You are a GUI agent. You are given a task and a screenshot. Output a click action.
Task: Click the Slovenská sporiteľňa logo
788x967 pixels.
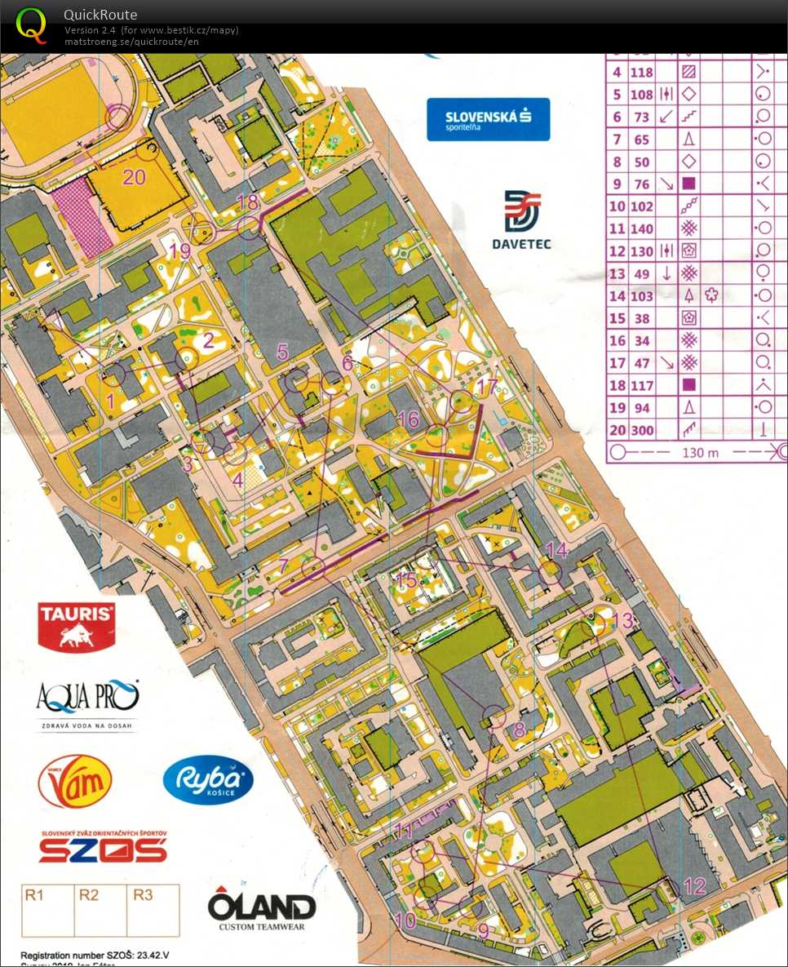[488, 119]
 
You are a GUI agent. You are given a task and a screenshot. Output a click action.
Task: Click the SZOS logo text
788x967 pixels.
[103, 850]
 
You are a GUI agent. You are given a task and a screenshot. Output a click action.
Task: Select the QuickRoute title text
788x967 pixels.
[100, 15]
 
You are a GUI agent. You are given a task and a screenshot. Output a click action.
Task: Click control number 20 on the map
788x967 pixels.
[134, 176]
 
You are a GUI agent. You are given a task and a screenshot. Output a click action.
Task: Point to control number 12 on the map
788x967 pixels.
[694, 886]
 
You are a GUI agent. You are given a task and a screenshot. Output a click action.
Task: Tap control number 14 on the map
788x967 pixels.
[556, 549]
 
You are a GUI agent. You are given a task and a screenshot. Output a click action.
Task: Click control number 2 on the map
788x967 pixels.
[208, 341]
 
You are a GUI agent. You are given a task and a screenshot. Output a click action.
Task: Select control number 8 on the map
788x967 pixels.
[519, 730]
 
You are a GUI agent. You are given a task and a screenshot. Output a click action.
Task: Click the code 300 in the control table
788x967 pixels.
[643, 429]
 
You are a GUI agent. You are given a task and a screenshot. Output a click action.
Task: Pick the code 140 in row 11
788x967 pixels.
[643, 229]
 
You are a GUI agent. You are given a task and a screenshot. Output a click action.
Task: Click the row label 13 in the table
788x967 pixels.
[618, 273]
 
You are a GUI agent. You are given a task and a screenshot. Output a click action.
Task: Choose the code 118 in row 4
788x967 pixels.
[643, 73]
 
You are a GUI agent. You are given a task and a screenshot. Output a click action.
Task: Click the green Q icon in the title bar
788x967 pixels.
[31, 24]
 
